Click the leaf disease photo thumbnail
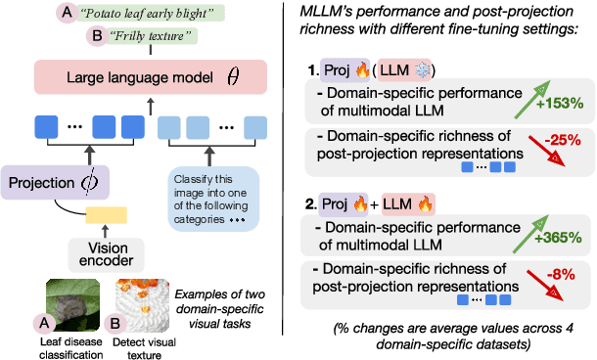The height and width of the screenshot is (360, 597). tap(69, 299)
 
